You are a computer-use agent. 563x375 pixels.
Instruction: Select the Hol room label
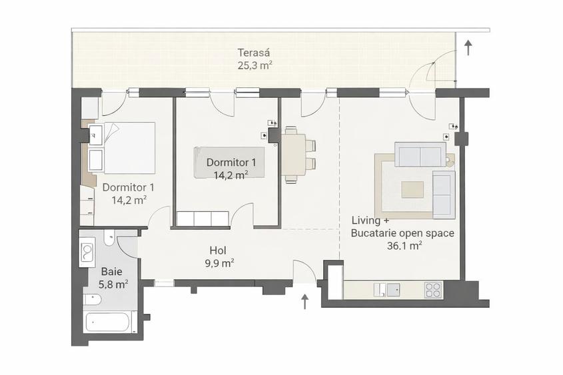pos(217,250)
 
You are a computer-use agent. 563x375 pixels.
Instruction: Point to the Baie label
pos(111,272)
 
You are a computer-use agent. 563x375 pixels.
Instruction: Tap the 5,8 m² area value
pos(113,284)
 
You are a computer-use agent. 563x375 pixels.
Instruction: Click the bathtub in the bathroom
pos(110,322)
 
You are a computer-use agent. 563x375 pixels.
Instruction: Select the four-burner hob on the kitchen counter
pos(432,290)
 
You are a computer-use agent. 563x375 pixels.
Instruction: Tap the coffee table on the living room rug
pos(412,190)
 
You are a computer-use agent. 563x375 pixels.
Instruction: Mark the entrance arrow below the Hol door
pos(305,302)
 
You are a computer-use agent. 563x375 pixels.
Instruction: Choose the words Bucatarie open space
pos(402,233)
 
